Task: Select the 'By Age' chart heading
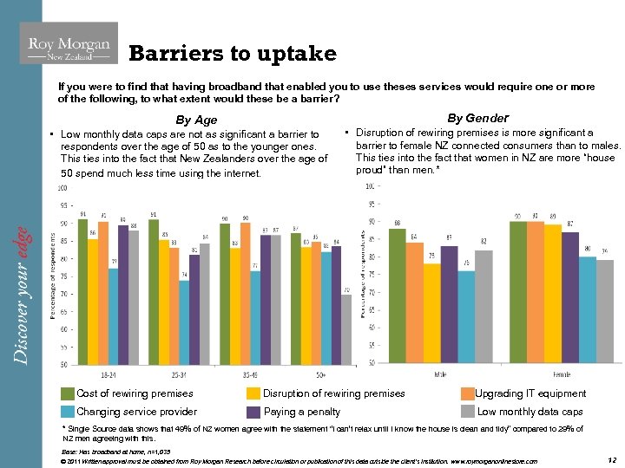pyautogui.click(x=196, y=120)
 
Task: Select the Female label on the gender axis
pyautogui.click(x=561, y=374)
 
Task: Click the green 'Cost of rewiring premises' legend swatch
pyautogui.click(x=68, y=393)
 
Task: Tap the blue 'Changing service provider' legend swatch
pyautogui.click(x=68, y=412)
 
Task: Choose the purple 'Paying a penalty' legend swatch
pyautogui.click(x=254, y=412)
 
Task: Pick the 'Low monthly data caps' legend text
pyautogui.click(x=530, y=412)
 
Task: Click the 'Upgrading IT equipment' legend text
pyautogui.click(x=530, y=393)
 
